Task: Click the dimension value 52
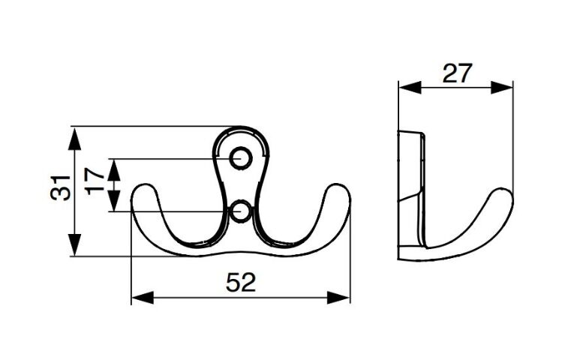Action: pyautogui.click(x=241, y=283)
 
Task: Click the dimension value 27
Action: pyautogui.click(x=457, y=73)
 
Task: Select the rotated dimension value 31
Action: pyautogui.click(x=60, y=187)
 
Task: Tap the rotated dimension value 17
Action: pyautogui.click(x=95, y=181)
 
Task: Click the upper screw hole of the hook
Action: pyautogui.click(x=241, y=158)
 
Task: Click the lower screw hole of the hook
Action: pyautogui.click(x=241, y=211)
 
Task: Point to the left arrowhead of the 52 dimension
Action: pyautogui.click(x=143, y=298)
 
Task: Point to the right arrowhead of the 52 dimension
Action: pyautogui.click(x=338, y=298)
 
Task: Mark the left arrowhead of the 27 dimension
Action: pyautogui.click(x=410, y=88)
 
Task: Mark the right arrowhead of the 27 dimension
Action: pyautogui.click(x=502, y=88)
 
